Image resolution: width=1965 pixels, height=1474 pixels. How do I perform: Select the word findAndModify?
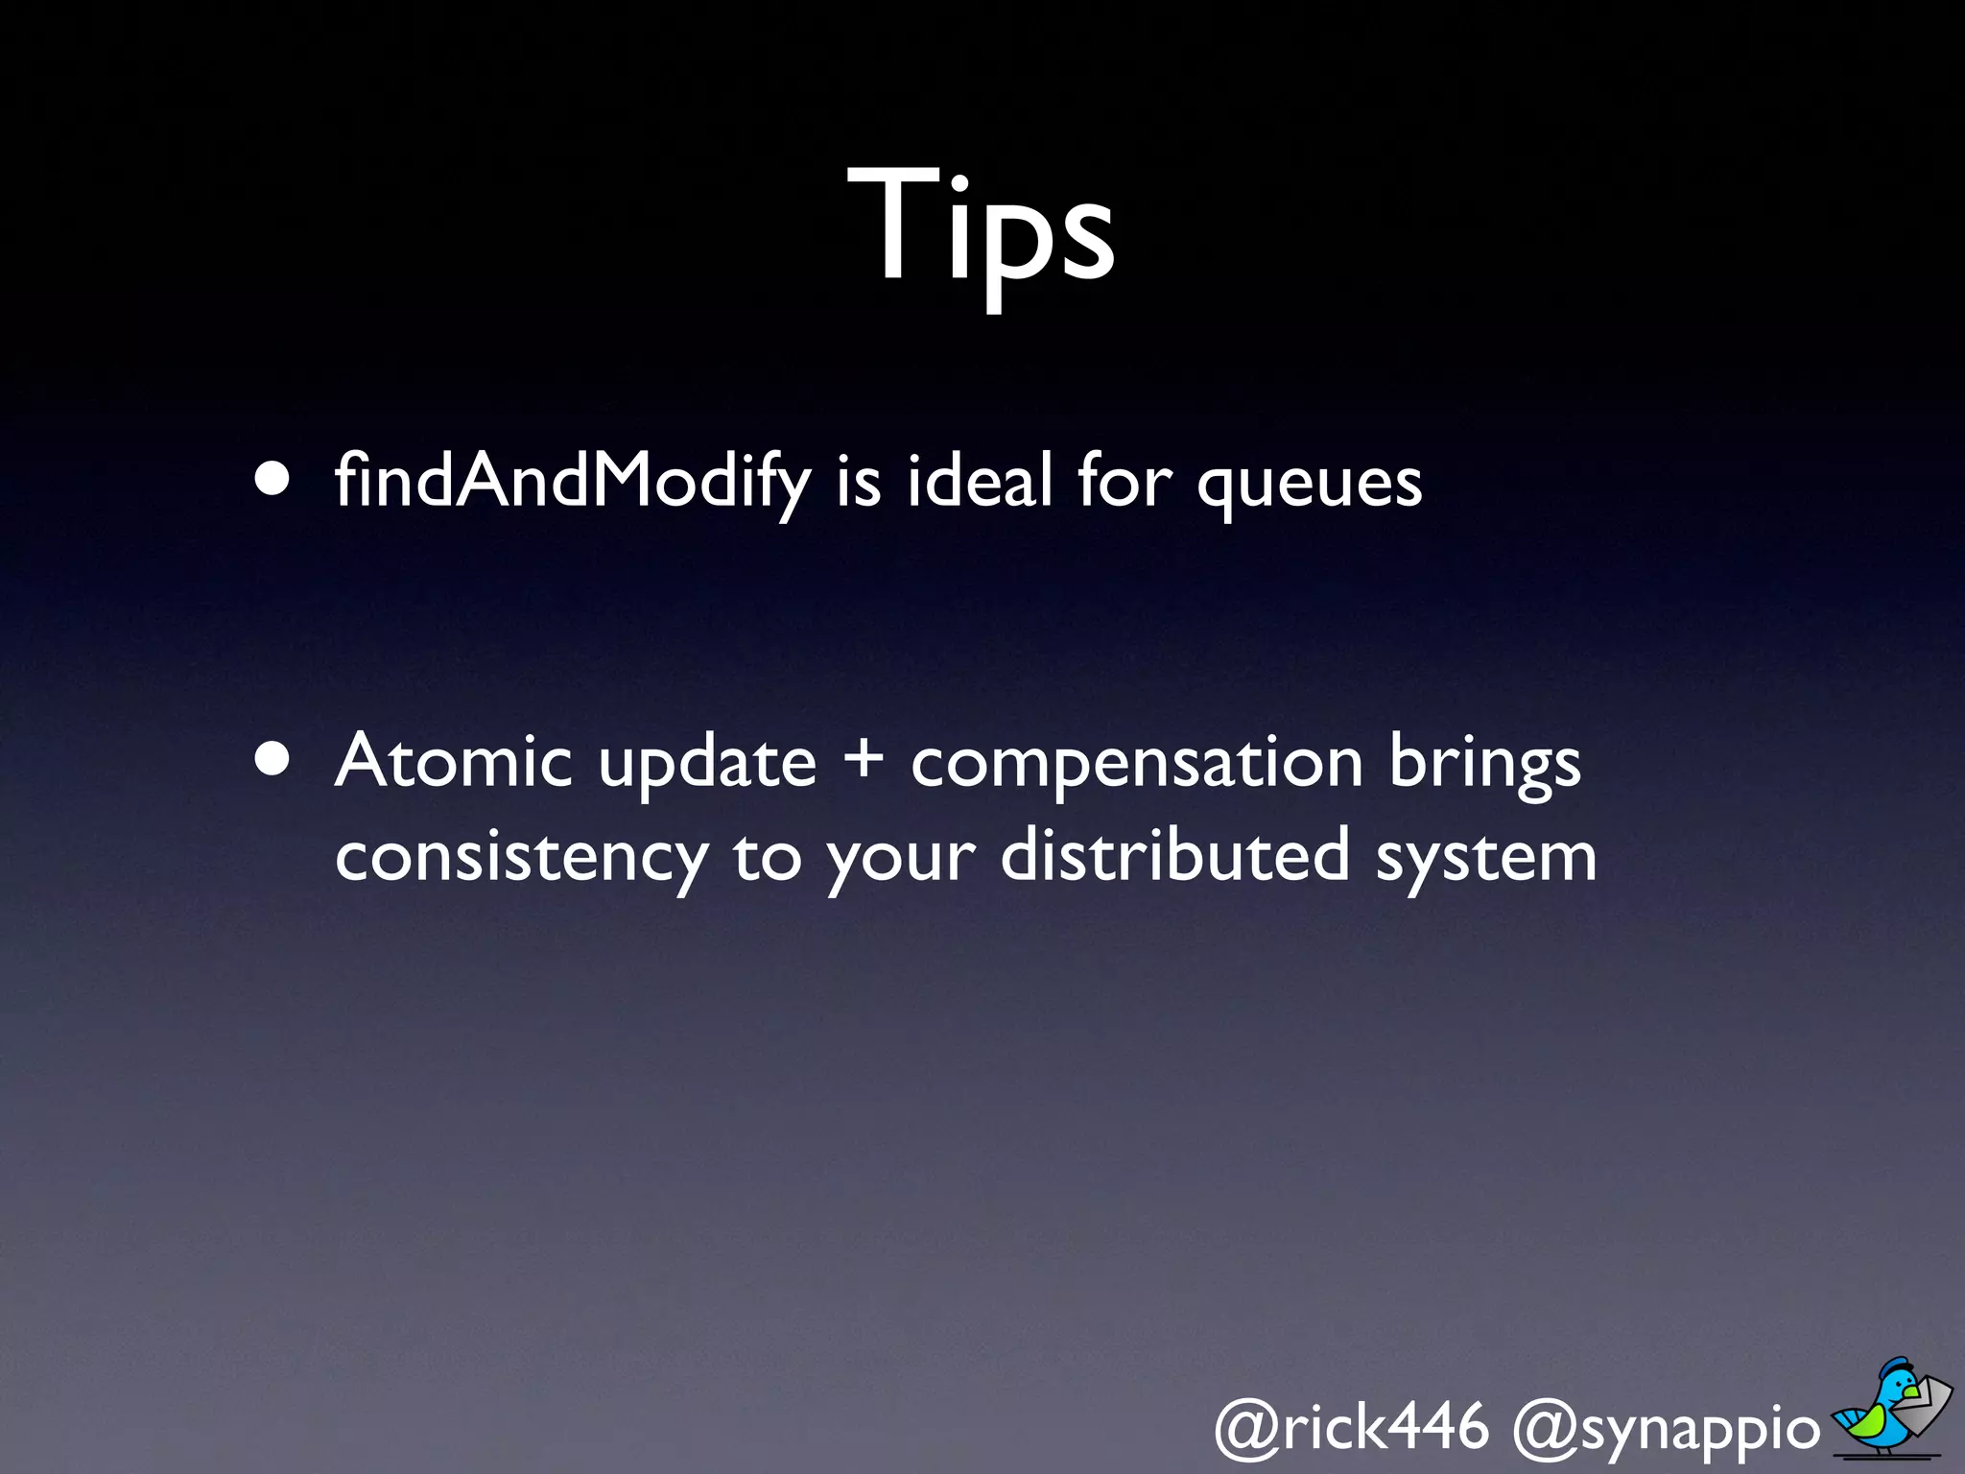(x=572, y=482)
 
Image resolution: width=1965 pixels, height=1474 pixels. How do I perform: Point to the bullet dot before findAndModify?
(x=272, y=480)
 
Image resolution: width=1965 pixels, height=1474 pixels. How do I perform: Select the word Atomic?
(x=454, y=760)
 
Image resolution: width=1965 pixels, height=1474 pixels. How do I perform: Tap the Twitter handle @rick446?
(x=1352, y=1427)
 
